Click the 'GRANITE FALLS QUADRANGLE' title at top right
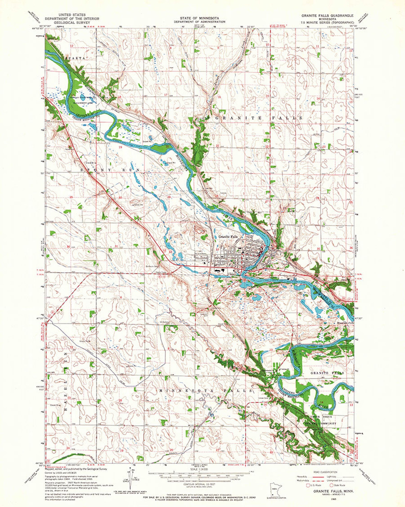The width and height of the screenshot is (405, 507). click(327, 16)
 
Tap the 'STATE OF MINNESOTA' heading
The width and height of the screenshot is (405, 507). click(199, 18)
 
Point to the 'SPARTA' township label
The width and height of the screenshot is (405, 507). click(75, 58)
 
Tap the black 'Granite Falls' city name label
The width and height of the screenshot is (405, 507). click(228, 237)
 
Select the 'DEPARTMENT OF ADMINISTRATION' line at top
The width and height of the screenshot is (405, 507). click(199, 22)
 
